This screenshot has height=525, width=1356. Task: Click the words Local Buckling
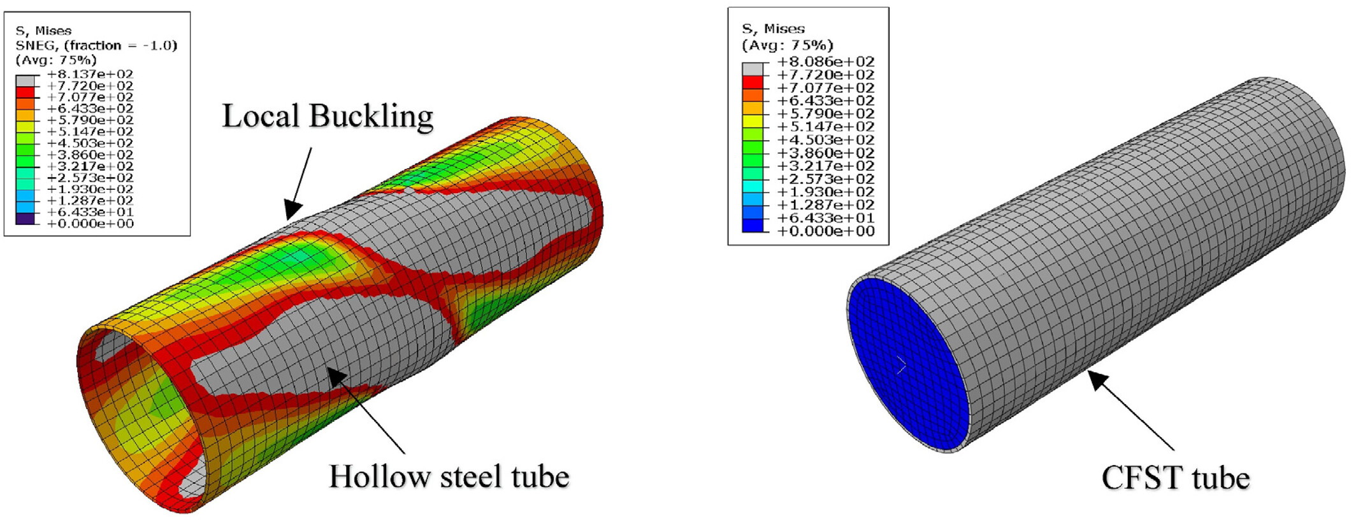coord(328,117)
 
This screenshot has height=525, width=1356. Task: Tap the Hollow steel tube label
coord(449,477)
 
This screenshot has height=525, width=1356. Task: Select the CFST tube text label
coord(1176,478)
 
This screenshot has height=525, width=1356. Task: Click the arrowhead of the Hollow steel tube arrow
coord(336,375)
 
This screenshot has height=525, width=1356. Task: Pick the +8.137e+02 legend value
coord(90,74)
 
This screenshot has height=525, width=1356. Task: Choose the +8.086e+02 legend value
coord(826,62)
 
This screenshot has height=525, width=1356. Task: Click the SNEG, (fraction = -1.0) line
coord(96,45)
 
